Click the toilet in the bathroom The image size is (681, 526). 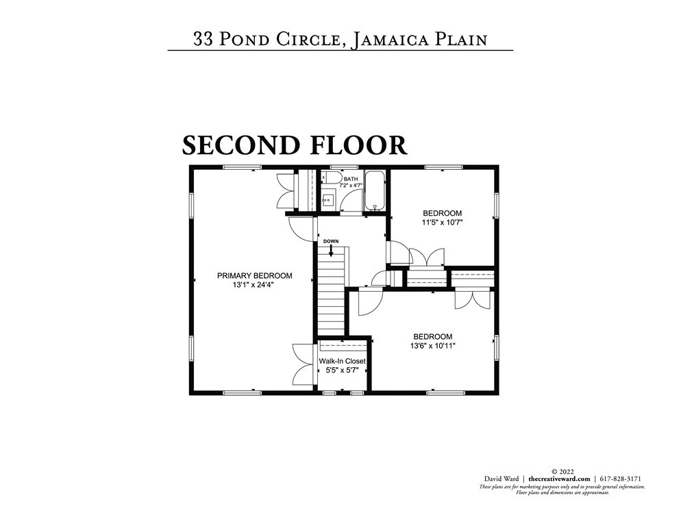332,179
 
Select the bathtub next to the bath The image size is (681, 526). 375,191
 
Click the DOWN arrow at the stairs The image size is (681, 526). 331,251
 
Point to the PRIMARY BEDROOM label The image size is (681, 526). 254,276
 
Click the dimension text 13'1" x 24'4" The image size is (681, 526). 254,286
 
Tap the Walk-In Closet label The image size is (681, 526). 342,361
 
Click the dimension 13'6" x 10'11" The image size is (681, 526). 432,347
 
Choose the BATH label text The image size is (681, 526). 351,179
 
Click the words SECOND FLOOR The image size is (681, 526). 295,145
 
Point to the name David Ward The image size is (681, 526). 502,479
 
